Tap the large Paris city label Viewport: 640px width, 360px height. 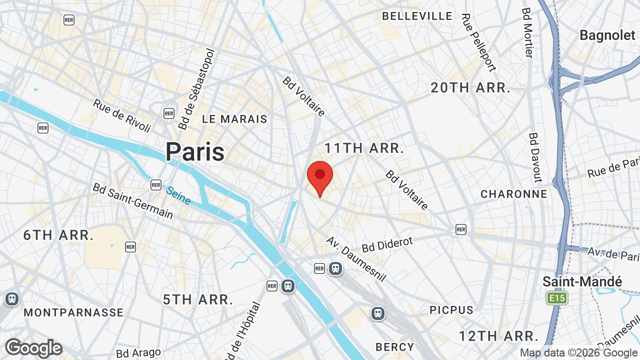point(195,151)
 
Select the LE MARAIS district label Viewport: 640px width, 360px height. point(234,119)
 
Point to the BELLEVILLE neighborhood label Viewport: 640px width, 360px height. point(417,16)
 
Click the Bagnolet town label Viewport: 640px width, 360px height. point(607,35)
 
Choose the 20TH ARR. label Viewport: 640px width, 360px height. point(470,88)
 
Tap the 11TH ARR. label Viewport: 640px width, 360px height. point(364,148)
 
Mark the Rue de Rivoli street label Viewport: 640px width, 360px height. point(122,115)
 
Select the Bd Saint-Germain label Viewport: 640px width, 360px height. point(133,200)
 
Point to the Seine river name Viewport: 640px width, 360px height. point(178,195)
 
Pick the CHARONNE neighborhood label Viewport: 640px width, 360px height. point(513,194)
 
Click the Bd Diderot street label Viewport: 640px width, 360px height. point(387,244)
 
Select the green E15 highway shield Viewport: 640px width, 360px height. point(557,298)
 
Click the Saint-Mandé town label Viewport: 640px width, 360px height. point(582,282)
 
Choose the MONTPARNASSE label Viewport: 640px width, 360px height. point(73,312)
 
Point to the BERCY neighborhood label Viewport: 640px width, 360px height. point(395,347)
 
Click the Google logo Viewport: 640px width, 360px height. point(33,348)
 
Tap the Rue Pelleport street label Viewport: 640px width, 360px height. point(478,42)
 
